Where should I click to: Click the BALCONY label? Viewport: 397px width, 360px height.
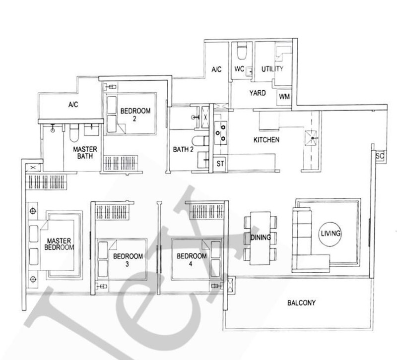tap(301, 302)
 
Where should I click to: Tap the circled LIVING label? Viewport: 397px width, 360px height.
tap(331, 233)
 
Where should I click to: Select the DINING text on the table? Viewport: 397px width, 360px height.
tap(260, 238)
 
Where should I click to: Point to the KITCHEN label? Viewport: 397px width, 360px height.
tap(266, 140)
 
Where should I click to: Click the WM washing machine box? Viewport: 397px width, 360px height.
tap(284, 97)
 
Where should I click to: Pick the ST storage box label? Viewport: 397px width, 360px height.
tap(220, 164)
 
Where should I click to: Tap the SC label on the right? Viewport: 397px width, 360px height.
tap(380, 156)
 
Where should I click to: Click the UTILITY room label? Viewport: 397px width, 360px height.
tap(272, 69)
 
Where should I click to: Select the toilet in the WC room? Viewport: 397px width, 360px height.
tap(241, 51)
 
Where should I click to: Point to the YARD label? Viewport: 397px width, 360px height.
tap(258, 93)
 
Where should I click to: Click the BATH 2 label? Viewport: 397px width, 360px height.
tap(183, 150)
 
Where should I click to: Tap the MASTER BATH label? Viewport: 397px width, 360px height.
tap(85, 153)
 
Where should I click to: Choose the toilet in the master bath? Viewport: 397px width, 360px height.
tap(74, 133)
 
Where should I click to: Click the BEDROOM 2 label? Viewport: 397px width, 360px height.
tap(135, 115)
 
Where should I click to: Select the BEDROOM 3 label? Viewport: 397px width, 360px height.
tap(128, 260)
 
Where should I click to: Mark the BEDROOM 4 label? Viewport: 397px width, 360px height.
tap(192, 260)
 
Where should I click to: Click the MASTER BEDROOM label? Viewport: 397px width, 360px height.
tap(59, 244)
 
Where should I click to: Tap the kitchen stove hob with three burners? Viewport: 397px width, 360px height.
tap(220, 133)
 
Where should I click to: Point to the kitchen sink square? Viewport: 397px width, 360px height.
tap(311, 138)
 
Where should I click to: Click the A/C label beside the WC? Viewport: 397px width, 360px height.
tap(216, 69)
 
